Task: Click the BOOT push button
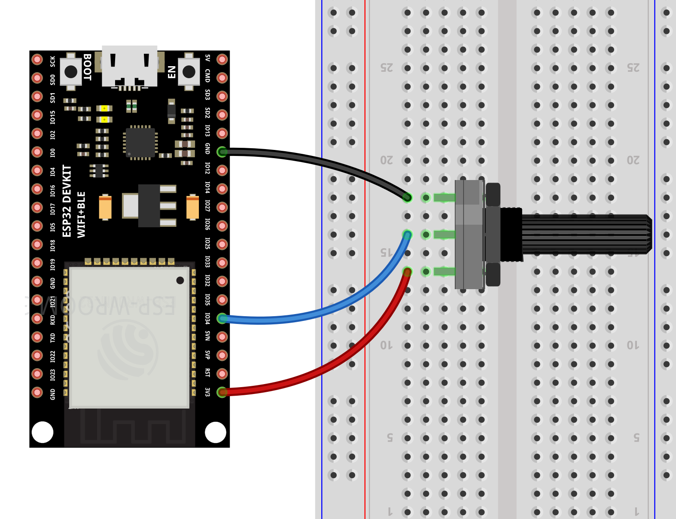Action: point(71,72)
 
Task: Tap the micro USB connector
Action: point(129,67)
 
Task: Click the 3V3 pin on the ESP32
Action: point(222,392)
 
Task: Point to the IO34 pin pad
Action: point(222,318)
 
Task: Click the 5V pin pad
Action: point(222,59)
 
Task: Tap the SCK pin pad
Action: point(37,59)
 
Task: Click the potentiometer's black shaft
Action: point(584,234)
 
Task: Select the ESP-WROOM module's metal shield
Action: point(129,337)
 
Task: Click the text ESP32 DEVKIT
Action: point(67,201)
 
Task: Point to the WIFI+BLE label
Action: point(81,214)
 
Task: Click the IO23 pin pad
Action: point(37,374)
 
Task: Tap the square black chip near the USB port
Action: point(140,143)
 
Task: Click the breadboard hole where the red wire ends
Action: point(407,272)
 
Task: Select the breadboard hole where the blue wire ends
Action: point(407,235)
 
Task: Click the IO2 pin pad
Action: point(37,133)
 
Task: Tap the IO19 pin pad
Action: point(37,263)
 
